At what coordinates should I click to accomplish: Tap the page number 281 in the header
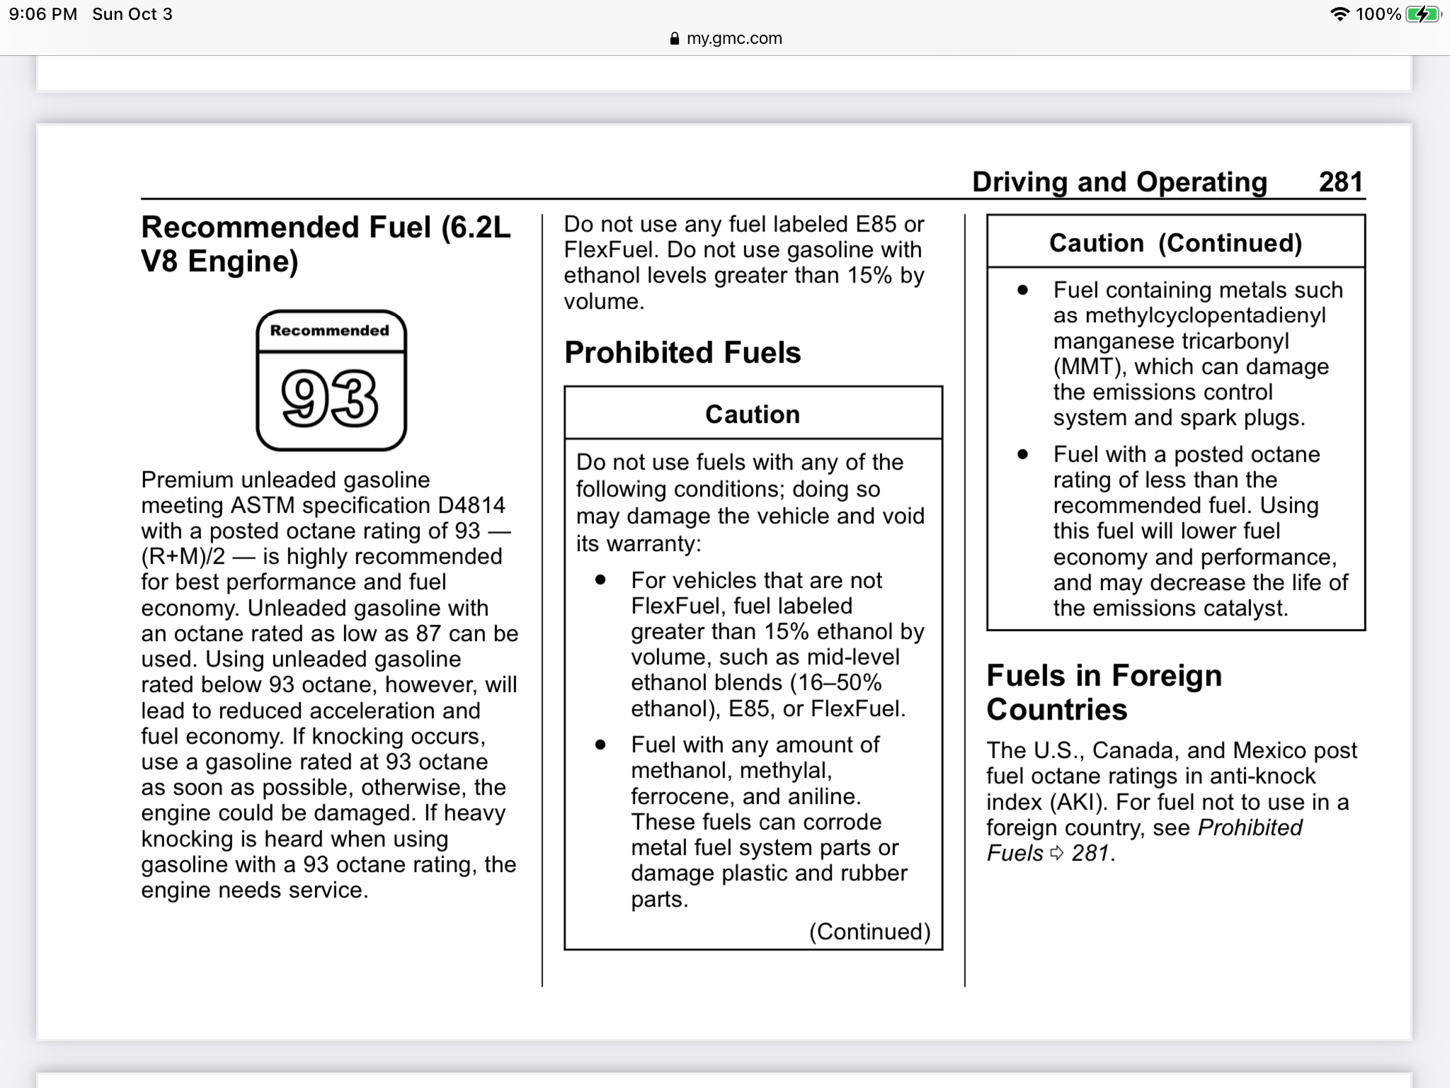pyautogui.click(x=1340, y=182)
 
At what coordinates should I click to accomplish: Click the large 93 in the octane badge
pyautogui.click(x=330, y=399)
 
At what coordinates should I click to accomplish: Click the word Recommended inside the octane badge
pyautogui.click(x=330, y=331)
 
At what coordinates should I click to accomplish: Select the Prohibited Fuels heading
pyautogui.click(x=683, y=353)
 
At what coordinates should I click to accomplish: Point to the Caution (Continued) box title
pyautogui.click(x=1175, y=243)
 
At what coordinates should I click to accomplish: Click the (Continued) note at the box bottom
pyautogui.click(x=869, y=931)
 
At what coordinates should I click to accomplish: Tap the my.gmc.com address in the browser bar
pyautogui.click(x=734, y=38)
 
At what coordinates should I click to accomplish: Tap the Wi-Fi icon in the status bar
pyautogui.click(x=1340, y=14)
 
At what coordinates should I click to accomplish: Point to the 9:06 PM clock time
pyautogui.click(x=43, y=14)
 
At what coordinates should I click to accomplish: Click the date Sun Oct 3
pyautogui.click(x=132, y=14)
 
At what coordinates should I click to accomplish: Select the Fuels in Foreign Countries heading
pyautogui.click(x=1104, y=692)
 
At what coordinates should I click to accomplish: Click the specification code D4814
pyautogui.click(x=472, y=505)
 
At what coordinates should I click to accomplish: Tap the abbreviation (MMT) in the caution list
pyautogui.click(x=1090, y=367)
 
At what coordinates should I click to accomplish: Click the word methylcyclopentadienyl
pyautogui.click(x=1205, y=315)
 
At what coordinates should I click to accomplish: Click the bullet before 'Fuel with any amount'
pyautogui.click(x=600, y=744)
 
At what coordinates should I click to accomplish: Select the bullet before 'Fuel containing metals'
pyautogui.click(x=1022, y=290)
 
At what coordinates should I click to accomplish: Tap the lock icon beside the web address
pyautogui.click(x=674, y=38)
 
